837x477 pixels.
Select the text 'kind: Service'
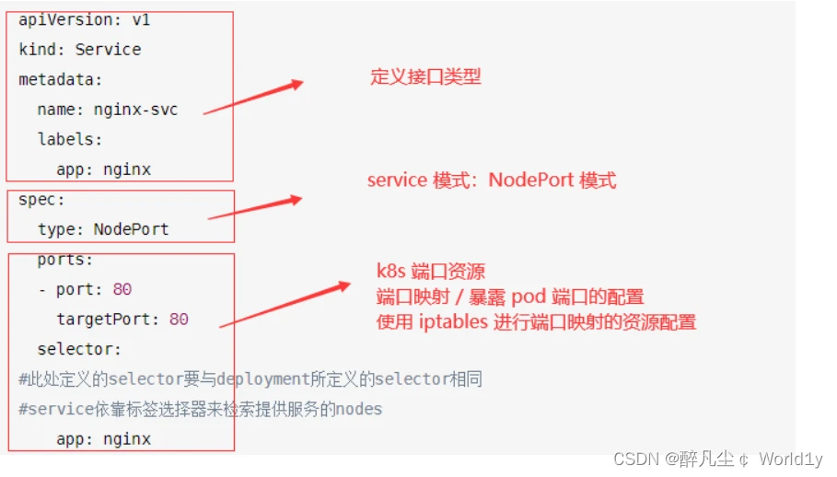coord(79,50)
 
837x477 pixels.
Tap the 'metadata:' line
coord(61,79)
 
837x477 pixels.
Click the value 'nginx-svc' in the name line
coord(135,110)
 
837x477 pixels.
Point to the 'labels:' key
coord(70,139)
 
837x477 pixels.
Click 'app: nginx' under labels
coord(103,169)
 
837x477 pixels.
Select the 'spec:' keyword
coord(41,199)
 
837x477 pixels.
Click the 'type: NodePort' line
coord(103,229)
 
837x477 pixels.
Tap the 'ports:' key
coord(65,260)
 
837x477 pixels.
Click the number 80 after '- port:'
coord(122,289)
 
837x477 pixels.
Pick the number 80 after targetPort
coord(179,320)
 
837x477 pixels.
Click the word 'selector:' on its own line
coord(79,350)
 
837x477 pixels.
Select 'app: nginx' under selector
coord(103,439)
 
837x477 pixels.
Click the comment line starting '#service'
coord(200,409)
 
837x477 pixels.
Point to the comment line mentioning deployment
coord(250,379)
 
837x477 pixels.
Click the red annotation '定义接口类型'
coord(425,77)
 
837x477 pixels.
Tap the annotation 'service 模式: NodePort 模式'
coord(492,180)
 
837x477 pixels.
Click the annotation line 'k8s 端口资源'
coord(430,271)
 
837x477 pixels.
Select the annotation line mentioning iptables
coord(536,322)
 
